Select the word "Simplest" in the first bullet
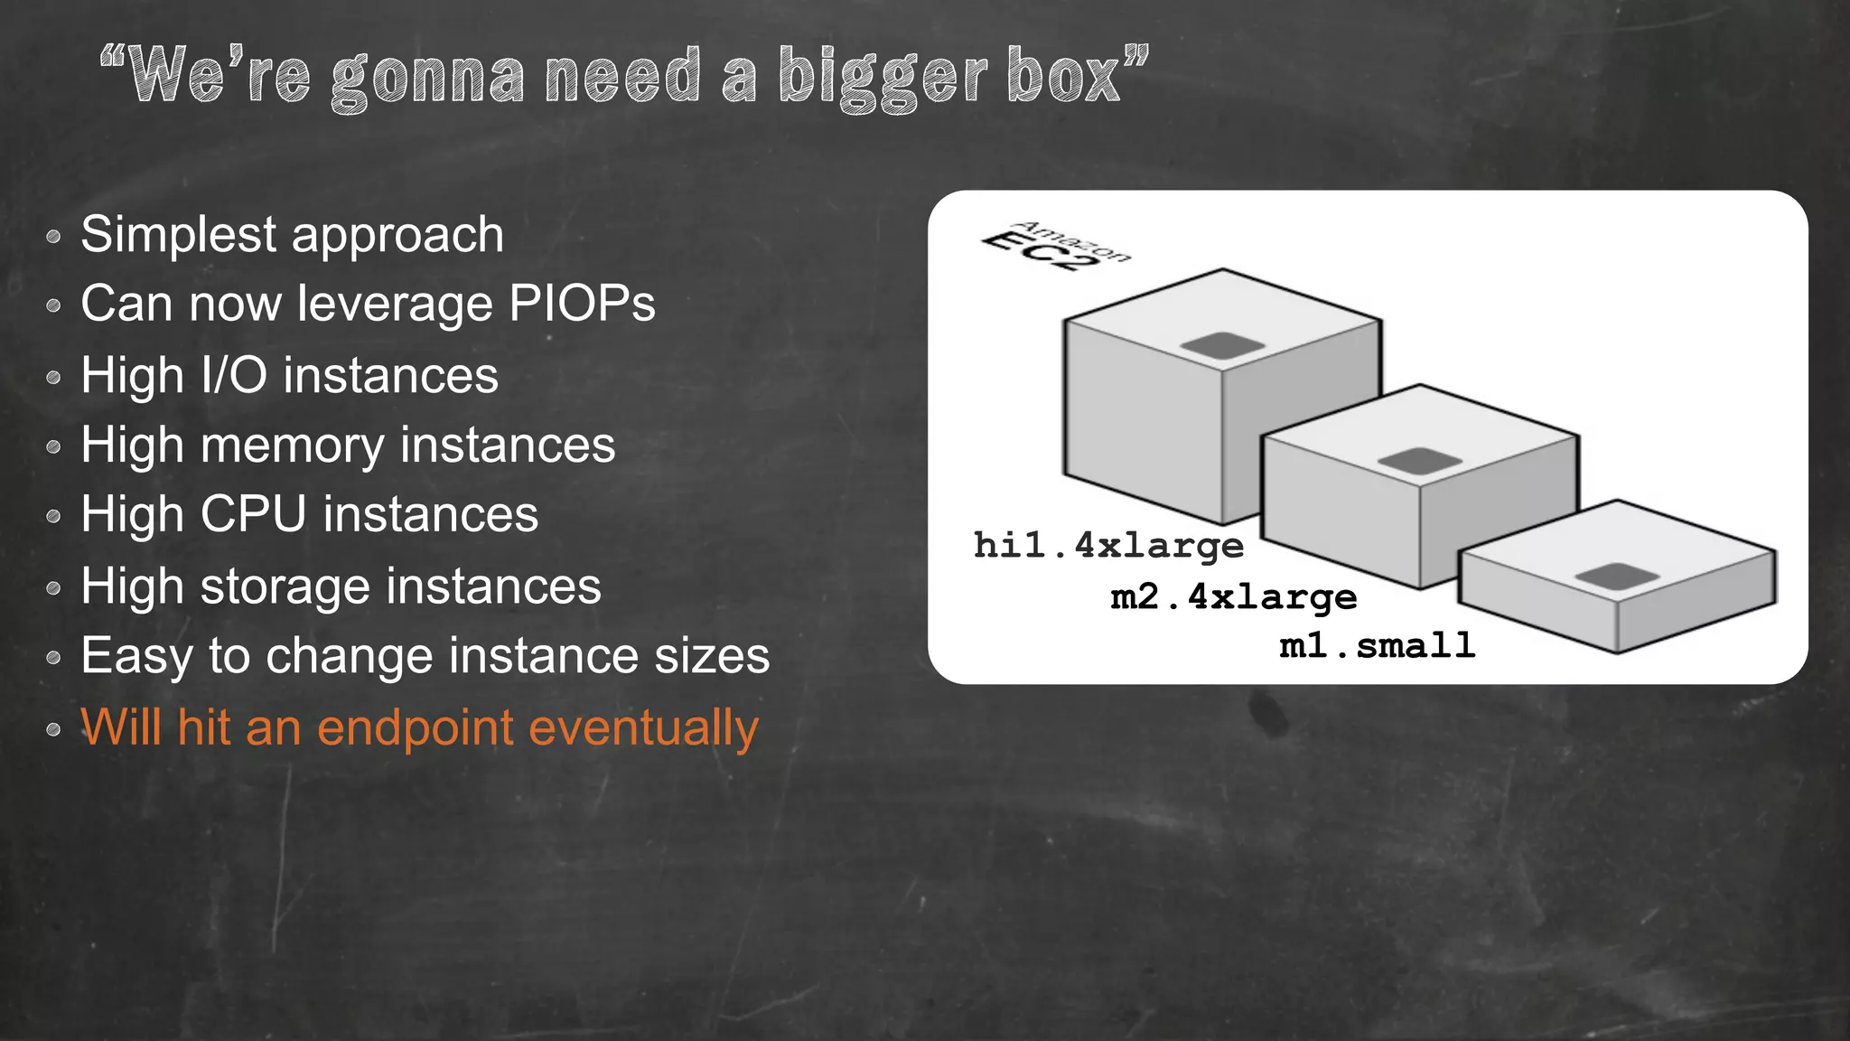pos(178,235)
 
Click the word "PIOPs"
pos(582,304)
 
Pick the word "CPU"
pos(254,514)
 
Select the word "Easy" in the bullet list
pos(136,656)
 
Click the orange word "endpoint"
pos(415,727)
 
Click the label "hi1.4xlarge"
pos(1108,546)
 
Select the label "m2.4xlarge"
pos(1233,596)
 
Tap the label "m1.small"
pos(1378,645)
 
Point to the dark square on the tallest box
pos(1222,344)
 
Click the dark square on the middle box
pos(1419,460)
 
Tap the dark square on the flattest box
pos(1617,576)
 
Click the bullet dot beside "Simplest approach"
pos(53,237)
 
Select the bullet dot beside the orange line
pos(53,729)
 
